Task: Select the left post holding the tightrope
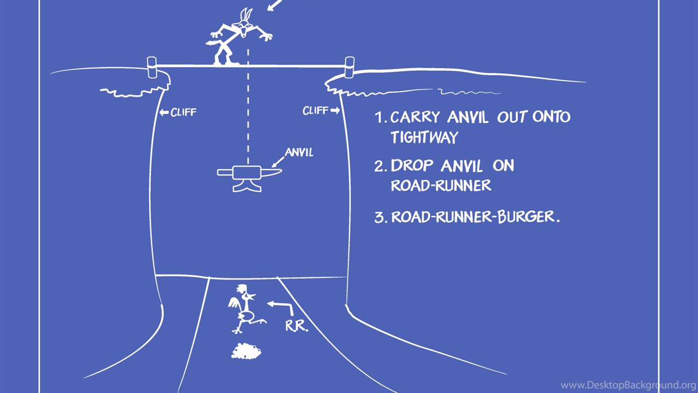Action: coord(152,67)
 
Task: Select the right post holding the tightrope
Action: coord(350,67)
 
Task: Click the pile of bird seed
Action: coord(246,351)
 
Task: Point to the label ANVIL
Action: coord(299,152)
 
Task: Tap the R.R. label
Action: coord(296,326)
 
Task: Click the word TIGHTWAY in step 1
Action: coord(424,137)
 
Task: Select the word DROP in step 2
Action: coord(412,165)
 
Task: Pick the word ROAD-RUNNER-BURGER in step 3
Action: coord(476,217)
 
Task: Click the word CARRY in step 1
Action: coord(415,117)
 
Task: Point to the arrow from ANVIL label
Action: coord(278,162)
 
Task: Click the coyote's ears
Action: coord(246,15)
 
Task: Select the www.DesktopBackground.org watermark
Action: coord(628,385)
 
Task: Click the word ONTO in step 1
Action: coord(551,116)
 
